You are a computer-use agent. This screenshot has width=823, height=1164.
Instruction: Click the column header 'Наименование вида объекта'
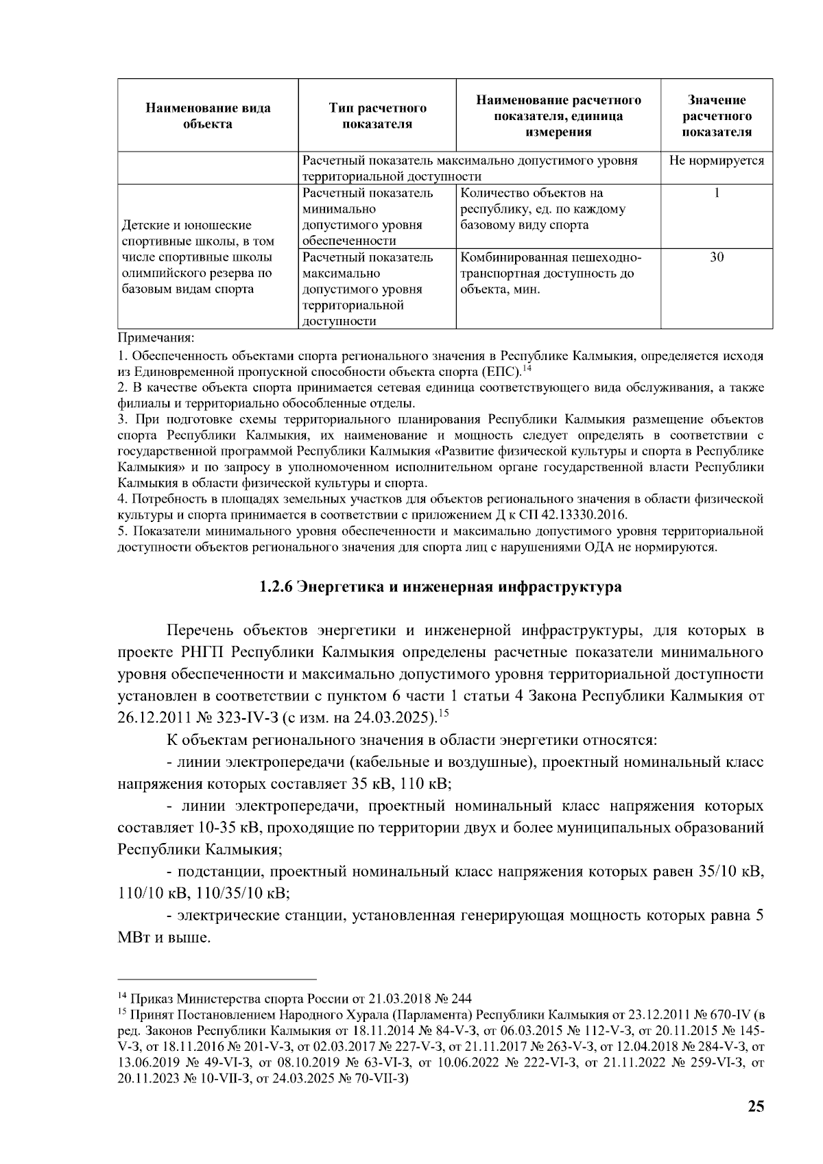208,115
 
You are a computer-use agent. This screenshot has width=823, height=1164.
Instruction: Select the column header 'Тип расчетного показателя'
377,115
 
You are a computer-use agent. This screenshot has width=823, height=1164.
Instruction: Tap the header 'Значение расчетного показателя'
717,115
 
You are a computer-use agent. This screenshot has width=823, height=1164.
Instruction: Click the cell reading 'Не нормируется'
717,161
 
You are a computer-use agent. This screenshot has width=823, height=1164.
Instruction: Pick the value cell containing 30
717,258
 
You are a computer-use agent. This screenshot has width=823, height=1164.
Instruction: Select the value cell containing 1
717,193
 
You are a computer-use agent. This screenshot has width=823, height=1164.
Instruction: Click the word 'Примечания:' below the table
156,338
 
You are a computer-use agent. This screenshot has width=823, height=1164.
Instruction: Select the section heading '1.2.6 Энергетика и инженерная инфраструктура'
440,587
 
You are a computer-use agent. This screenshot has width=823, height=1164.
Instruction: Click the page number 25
756,1106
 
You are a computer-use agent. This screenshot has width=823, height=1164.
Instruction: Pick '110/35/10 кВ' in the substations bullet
242,893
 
